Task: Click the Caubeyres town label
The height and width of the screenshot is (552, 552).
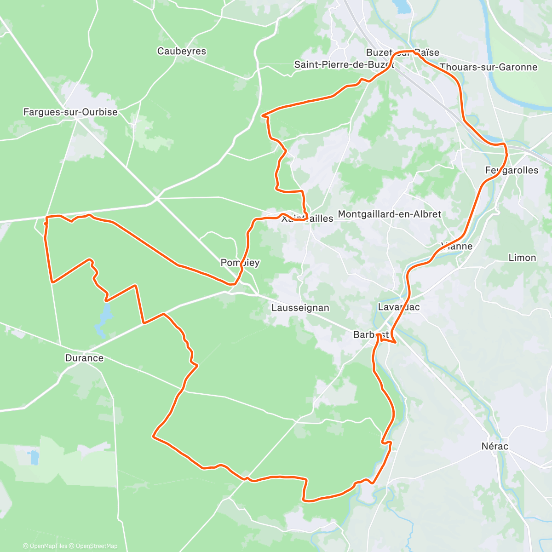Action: pyautogui.click(x=182, y=51)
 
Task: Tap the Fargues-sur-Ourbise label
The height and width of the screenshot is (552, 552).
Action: pyautogui.click(x=70, y=112)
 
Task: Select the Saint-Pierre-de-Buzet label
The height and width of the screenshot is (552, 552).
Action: pyautogui.click(x=344, y=64)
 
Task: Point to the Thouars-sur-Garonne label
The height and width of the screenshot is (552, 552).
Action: pyautogui.click(x=489, y=67)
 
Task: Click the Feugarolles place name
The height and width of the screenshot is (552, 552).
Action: pyautogui.click(x=512, y=170)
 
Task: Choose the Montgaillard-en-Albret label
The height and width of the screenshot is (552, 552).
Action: pyautogui.click(x=390, y=214)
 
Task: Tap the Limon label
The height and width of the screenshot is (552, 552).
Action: pyautogui.click(x=522, y=258)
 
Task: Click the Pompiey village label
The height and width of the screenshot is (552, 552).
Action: pyautogui.click(x=240, y=263)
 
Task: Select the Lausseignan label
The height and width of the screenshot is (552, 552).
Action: pyautogui.click(x=300, y=308)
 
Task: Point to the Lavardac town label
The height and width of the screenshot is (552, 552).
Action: pyautogui.click(x=399, y=307)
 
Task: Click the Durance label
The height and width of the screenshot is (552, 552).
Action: pyautogui.click(x=84, y=358)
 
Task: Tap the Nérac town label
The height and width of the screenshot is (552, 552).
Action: pyautogui.click(x=495, y=446)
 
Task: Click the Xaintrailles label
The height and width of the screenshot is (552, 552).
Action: pyautogui.click(x=307, y=218)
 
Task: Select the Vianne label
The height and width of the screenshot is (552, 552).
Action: pyautogui.click(x=456, y=246)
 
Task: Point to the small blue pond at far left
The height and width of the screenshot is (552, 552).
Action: pyautogui.click(x=33, y=457)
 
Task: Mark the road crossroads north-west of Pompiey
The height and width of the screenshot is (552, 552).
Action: pyautogui.click(x=156, y=198)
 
